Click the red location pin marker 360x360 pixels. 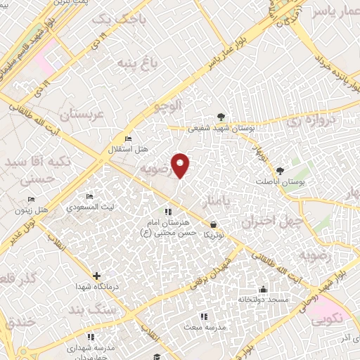click(181, 165)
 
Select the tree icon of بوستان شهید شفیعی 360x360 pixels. click(222, 117)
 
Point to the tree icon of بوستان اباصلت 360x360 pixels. click(281, 170)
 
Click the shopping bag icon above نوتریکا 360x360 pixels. click(213, 225)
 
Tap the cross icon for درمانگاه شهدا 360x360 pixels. click(96, 276)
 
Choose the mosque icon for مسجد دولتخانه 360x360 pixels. click(263, 289)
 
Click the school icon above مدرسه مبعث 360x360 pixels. click(203, 317)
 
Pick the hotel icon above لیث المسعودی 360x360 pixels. click(89, 196)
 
